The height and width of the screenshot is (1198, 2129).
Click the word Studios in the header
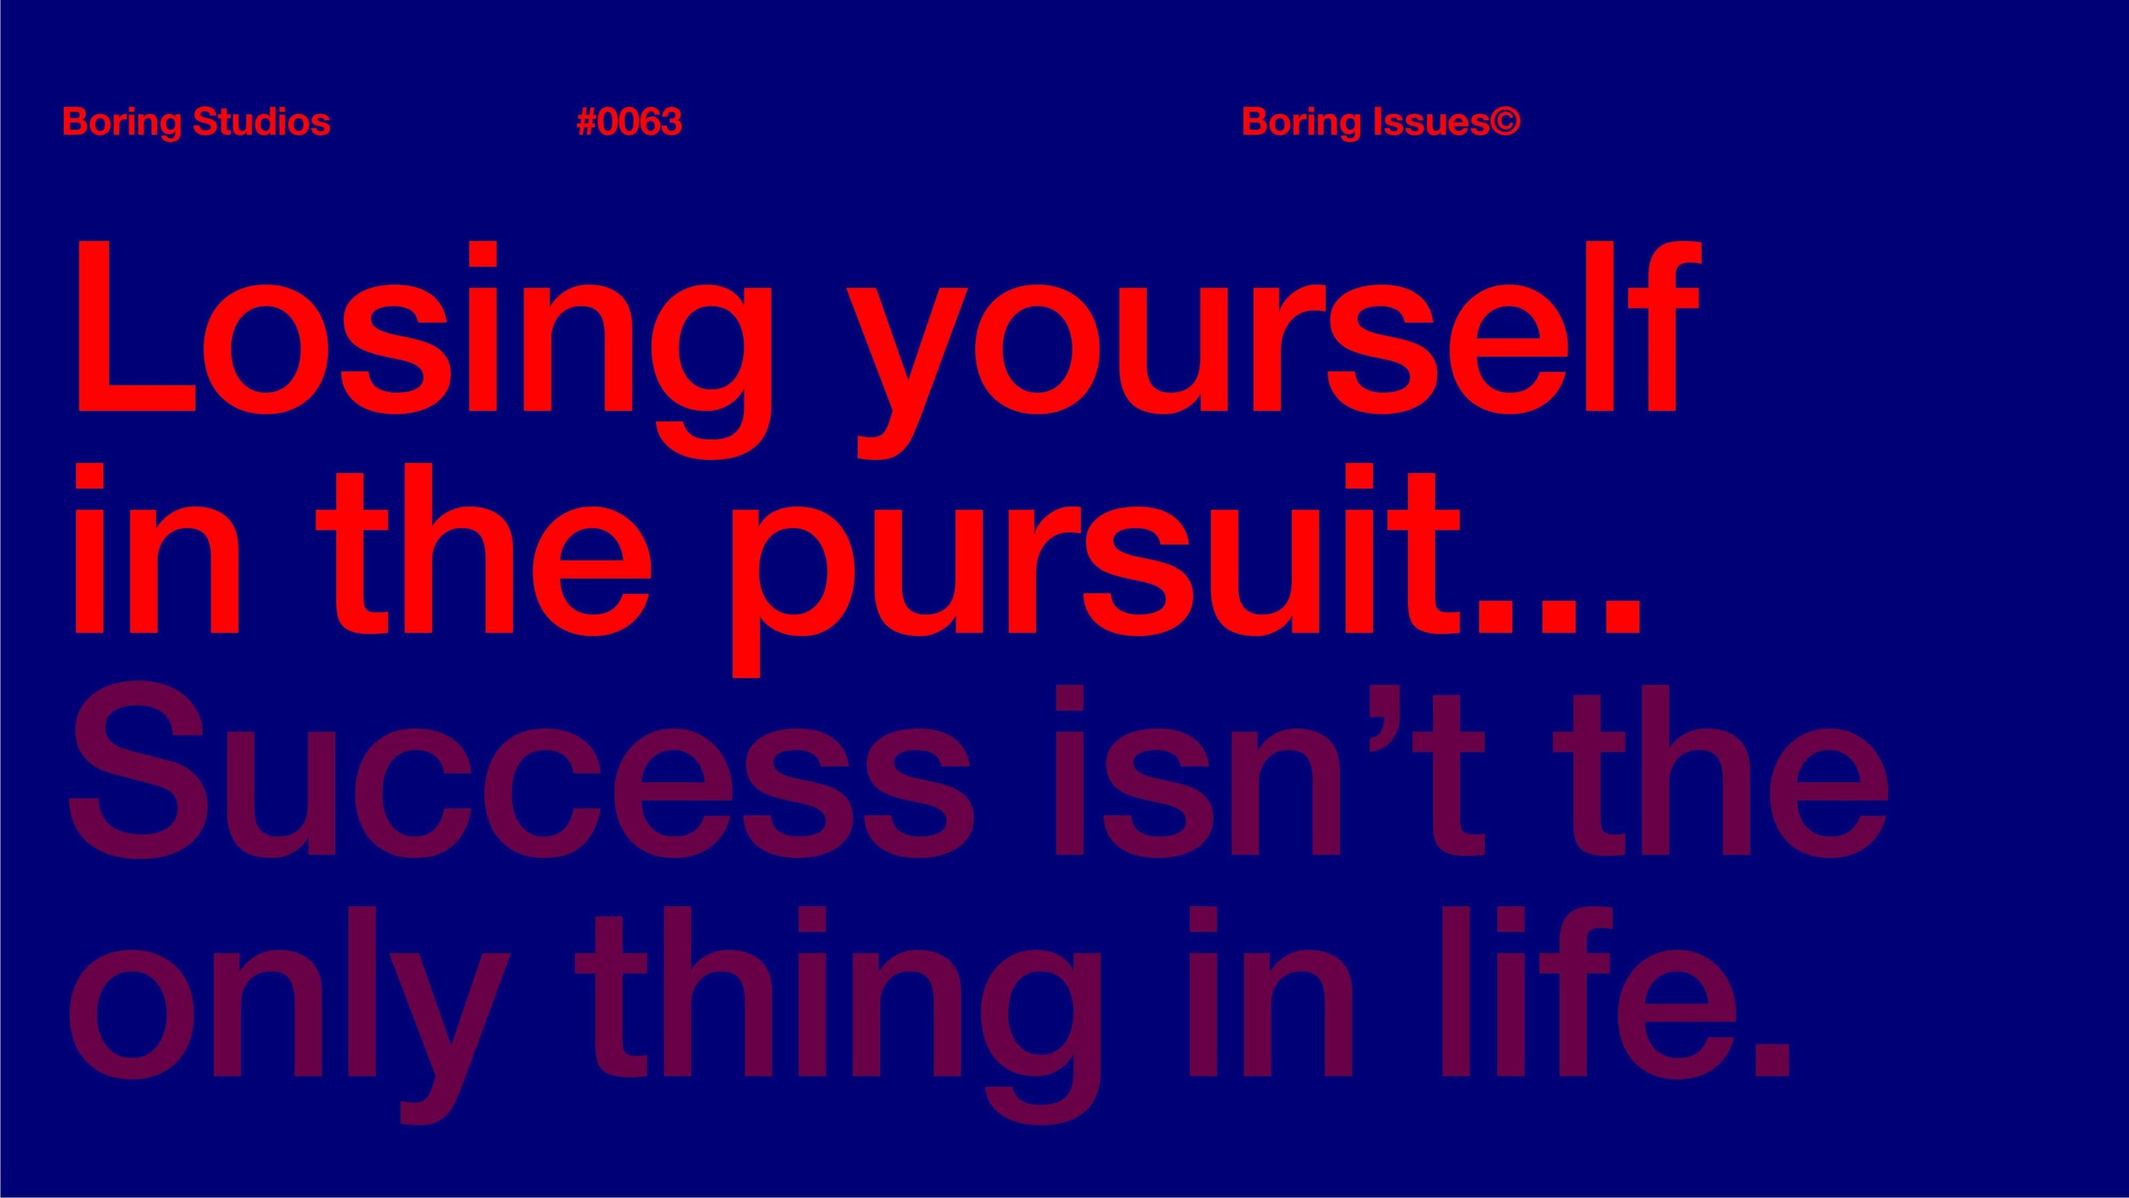click(x=261, y=122)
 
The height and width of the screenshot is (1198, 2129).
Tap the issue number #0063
click(x=629, y=122)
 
